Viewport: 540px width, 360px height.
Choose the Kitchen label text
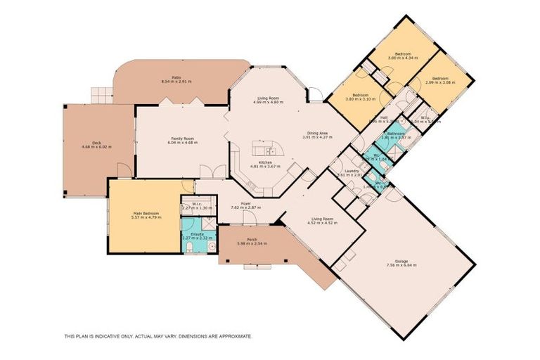(265, 162)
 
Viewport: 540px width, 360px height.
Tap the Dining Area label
(316, 133)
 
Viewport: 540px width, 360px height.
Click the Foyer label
(246, 204)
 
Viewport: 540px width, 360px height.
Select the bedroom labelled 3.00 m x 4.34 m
(402, 54)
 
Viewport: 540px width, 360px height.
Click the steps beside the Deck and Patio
(102, 94)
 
